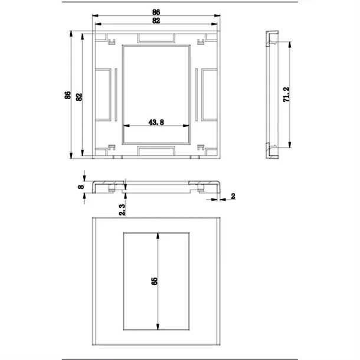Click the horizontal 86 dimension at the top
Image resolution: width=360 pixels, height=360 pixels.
click(156, 12)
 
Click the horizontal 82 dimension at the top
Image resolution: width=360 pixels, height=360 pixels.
click(156, 21)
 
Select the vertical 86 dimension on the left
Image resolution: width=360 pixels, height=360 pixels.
click(68, 95)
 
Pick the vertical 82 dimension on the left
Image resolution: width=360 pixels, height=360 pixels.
click(79, 97)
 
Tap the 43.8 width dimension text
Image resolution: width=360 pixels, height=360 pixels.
click(156, 122)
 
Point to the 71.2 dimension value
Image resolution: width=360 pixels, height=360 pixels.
click(287, 94)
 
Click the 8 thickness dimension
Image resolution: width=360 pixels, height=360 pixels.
click(81, 187)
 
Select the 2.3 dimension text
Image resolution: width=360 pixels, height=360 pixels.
click(122, 210)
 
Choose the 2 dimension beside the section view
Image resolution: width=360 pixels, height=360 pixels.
click(233, 197)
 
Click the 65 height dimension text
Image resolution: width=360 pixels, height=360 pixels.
click(155, 282)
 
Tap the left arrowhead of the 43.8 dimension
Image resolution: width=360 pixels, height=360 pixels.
click(126, 126)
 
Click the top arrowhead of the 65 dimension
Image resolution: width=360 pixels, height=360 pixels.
click(158, 236)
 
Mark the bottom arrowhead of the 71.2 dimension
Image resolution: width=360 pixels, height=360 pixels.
click(290, 145)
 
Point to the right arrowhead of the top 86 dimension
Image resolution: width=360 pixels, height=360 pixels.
click(217, 15)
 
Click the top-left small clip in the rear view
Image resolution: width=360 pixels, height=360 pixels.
click(112, 41)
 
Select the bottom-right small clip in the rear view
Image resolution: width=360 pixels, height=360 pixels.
click(201, 148)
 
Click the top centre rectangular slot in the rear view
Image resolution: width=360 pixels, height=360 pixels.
click(156, 38)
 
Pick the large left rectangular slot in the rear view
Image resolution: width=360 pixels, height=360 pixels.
click(103, 94)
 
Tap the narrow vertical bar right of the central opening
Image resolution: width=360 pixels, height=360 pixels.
click(197, 94)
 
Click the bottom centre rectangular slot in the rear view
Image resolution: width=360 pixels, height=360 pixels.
click(156, 151)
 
